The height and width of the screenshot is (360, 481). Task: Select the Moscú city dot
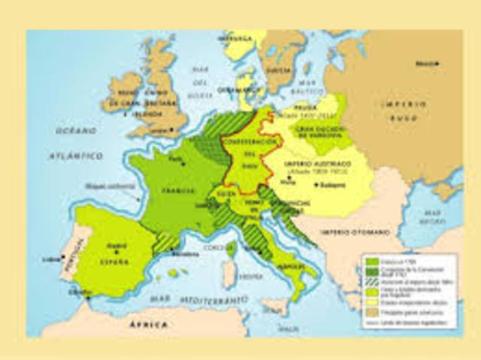[x=438, y=64]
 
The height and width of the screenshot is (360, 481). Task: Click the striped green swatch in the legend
[x=372, y=282]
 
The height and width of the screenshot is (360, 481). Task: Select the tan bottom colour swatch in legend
[x=372, y=312]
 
